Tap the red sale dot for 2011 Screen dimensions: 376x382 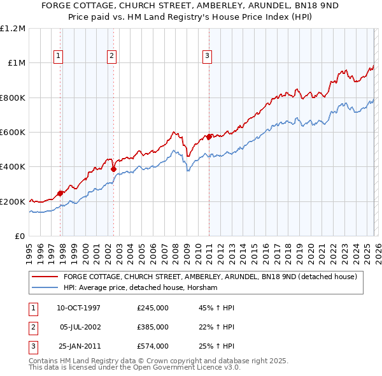click(209, 136)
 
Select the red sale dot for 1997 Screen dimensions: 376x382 click(60, 193)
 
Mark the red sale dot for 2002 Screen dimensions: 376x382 click(114, 169)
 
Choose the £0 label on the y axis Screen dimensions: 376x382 click(19, 236)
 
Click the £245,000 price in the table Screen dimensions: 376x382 click(153, 308)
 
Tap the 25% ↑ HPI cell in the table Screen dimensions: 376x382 click(216, 346)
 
